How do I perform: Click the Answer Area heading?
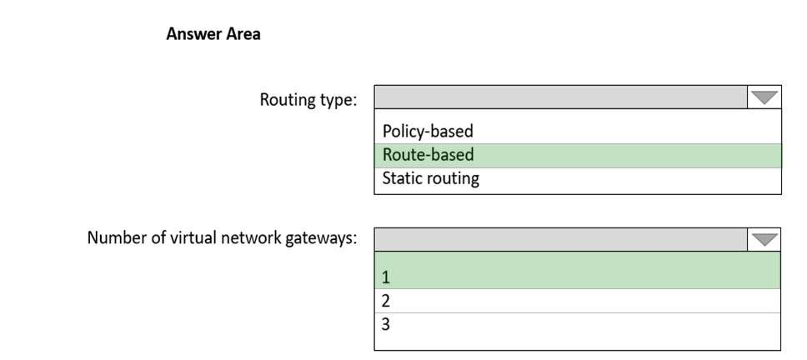[x=213, y=34]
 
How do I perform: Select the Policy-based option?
[x=428, y=131]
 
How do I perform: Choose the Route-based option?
[x=429, y=155]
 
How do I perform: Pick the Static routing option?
[x=430, y=178]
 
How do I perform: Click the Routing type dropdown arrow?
[x=764, y=97]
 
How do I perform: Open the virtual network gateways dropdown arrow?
[x=764, y=240]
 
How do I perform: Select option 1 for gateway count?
[x=387, y=277]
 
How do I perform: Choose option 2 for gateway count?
[x=387, y=301]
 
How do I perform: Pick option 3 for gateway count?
[x=387, y=324]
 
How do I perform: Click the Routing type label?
[x=308, y=100]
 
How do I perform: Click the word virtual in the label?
[x=194, y=238]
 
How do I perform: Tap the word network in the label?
[x=253, y=238]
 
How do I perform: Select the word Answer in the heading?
[x=191, y=34]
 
